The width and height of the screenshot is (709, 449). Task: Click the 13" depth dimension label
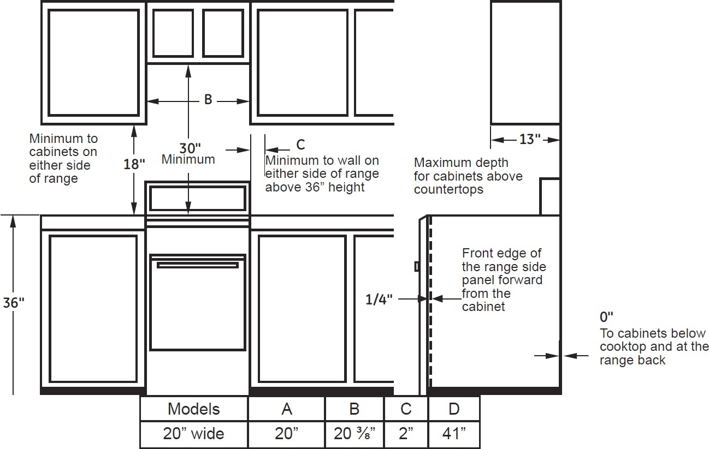coord(530,139)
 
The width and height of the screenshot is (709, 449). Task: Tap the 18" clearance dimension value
coord(134,164)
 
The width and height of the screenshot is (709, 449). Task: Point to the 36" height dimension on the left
coord(13,303)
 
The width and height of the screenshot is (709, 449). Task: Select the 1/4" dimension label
coord(379,299)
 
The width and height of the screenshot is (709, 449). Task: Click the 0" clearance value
coord(606,316)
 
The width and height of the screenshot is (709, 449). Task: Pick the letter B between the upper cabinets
coord(208,100)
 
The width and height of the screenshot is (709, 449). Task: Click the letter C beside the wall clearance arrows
coord(300,145)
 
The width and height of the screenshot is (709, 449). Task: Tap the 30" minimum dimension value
coord(190,148)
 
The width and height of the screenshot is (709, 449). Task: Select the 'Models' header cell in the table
coord(194,409)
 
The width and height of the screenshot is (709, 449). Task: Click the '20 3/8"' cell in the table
coord(354,434)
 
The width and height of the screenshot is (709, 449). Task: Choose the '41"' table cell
coord(454,434)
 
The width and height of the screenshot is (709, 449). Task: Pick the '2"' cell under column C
coord(406,434)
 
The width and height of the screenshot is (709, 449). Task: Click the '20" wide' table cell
coord(194,434)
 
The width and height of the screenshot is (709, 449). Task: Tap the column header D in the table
coord(454,409)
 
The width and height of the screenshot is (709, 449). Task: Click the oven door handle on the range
coord(198,265)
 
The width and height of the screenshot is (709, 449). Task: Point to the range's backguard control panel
coord(198,199)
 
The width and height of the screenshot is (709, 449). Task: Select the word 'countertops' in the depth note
coord(448,189)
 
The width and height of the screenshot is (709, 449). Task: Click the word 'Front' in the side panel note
coord(477,253)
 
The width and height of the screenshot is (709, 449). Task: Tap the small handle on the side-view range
coord(417,267)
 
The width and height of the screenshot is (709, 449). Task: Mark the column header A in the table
coord(287,409)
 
